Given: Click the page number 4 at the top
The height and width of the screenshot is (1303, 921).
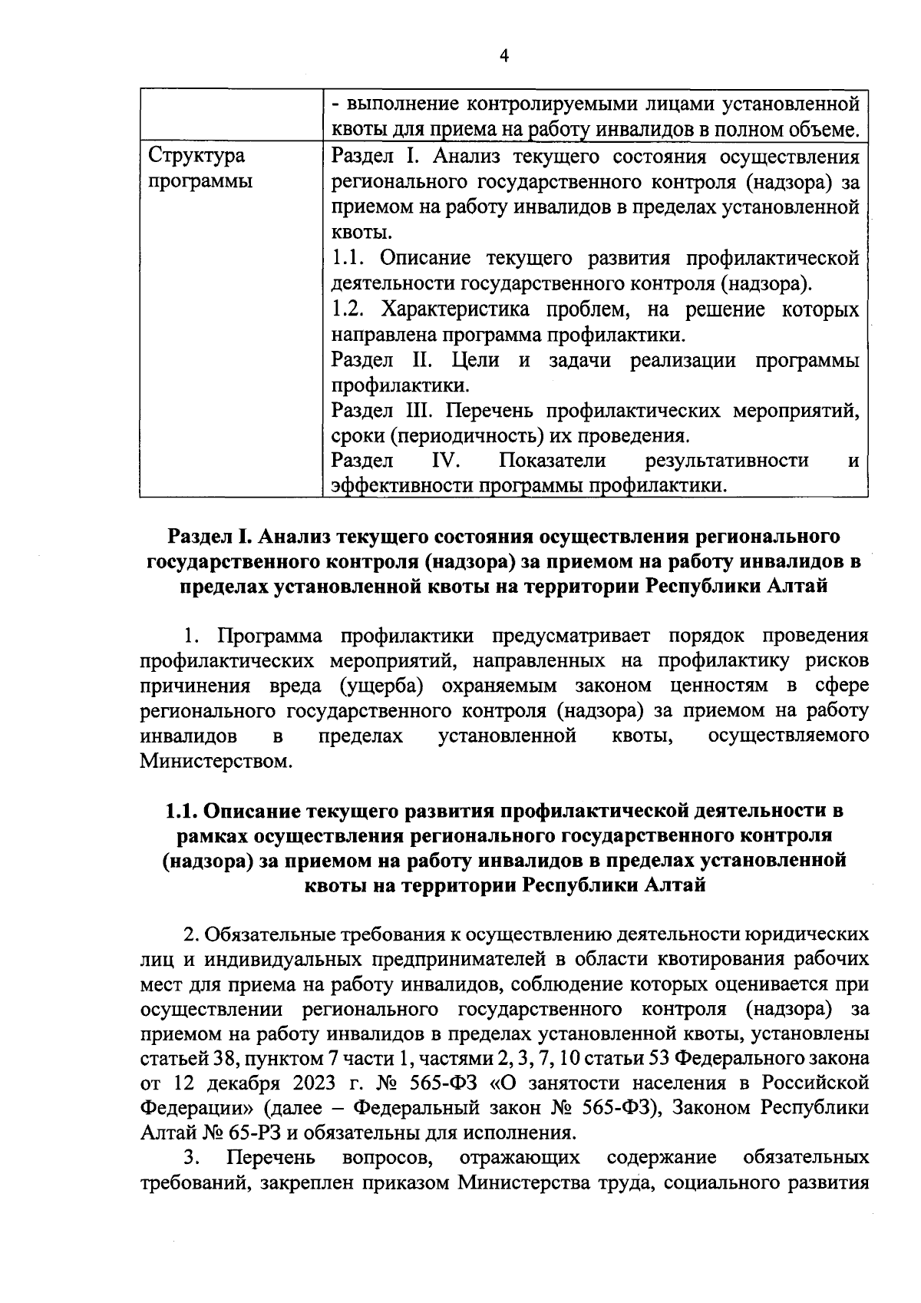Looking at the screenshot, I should [503, 55].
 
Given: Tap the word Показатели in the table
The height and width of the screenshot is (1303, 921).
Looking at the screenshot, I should [552, 461].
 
